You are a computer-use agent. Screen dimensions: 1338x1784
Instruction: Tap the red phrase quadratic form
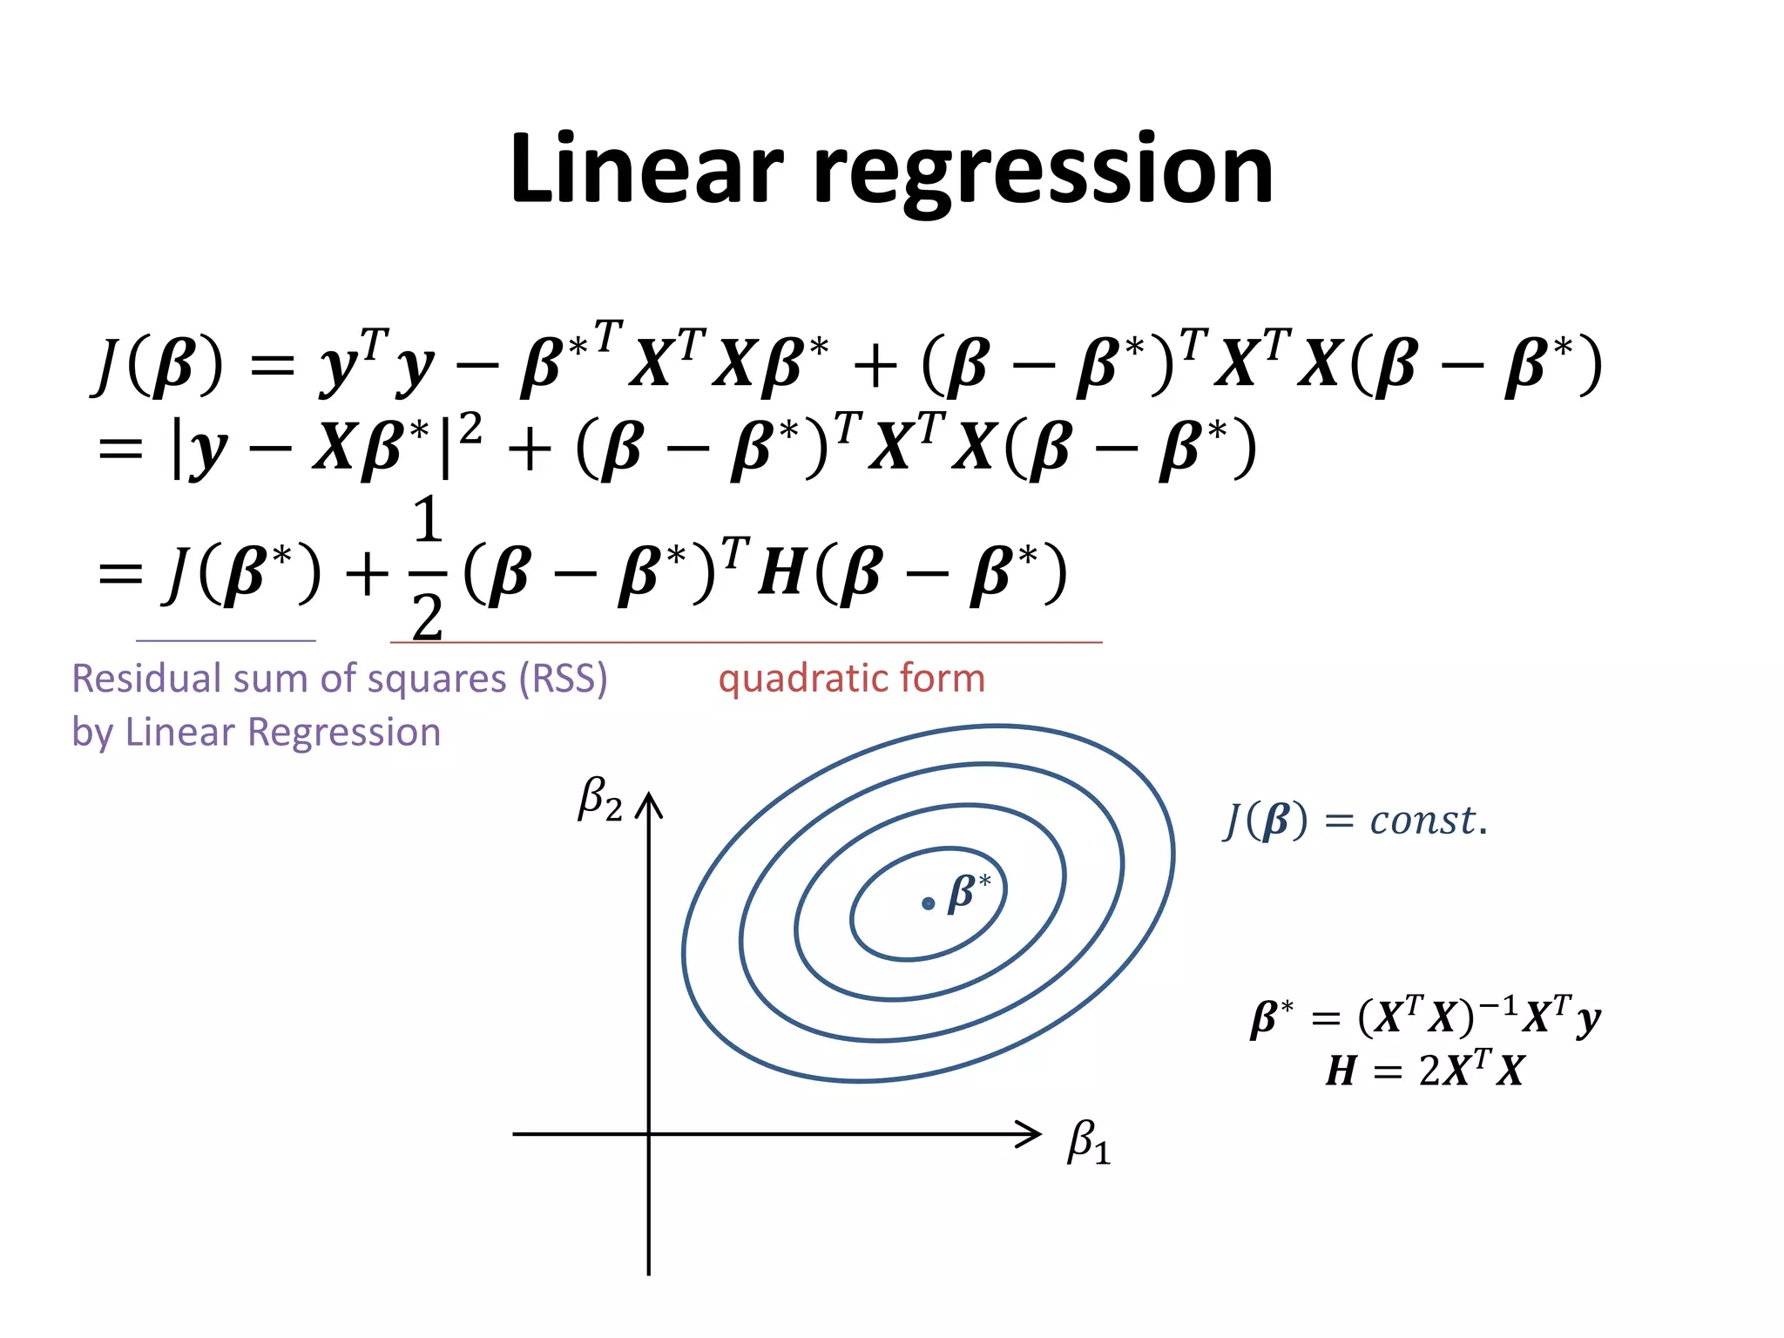(851, 679)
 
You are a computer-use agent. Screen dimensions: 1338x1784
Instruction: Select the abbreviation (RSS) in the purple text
(563, 679)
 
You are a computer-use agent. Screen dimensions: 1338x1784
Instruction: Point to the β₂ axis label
(600, 799)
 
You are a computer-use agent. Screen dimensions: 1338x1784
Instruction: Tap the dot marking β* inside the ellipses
(928, 904)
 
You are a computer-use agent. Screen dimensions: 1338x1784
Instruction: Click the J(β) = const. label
(1355, 820)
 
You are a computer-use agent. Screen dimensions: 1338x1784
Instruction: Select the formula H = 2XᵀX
(1424, 1070)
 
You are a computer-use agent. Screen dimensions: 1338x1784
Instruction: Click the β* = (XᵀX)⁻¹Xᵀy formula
(1424, 1017)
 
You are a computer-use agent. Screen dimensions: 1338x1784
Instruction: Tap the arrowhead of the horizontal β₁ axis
(1031, 1134)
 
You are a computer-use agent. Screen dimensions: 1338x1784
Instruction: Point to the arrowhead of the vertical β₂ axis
(649, 803)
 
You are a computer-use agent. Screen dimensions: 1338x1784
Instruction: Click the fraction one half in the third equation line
(428, 571)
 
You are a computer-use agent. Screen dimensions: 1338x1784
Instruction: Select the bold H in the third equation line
(781, 574)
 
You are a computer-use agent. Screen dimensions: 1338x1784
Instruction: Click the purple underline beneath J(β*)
(226, 641)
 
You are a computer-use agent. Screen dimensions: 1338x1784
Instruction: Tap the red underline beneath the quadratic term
(746, 643)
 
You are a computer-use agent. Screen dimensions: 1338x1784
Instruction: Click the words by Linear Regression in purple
(256, 732)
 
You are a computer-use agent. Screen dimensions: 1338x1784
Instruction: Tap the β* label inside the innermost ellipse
(969, 892)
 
